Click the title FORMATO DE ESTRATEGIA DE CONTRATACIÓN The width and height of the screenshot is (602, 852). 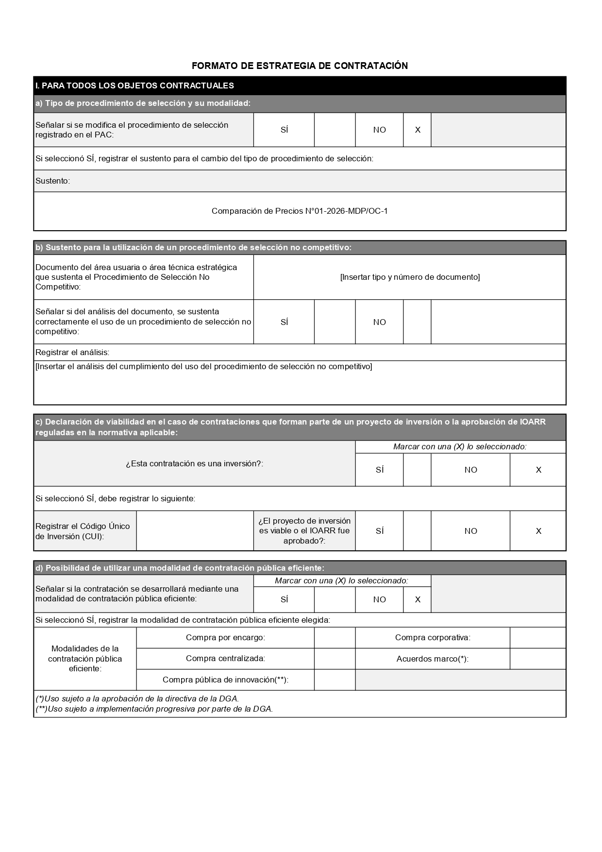(x=300, y=66)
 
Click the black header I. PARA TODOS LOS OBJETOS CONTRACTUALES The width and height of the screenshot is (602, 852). (x=134, y=85)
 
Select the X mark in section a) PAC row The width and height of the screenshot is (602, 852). (x=418, y=130)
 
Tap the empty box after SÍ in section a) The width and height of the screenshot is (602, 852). (x=334, y=130)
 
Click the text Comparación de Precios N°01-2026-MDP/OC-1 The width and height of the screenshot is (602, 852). (x=300, y=211)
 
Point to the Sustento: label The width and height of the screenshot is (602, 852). (x=52, y=181)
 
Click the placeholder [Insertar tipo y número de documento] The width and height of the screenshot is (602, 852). (x=410, y=277)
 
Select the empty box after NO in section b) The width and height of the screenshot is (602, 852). (x=417, y=322)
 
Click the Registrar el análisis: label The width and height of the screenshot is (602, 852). (x=72, y=352)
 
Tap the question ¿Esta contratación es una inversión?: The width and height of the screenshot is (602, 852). (x=194, y=463)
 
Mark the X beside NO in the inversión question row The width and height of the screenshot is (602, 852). (x=538, y=470)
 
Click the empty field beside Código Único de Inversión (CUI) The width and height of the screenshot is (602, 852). (x=195, y=531)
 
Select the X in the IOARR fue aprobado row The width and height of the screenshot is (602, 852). (x=538, y=531)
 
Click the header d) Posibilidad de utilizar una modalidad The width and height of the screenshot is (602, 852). (x=180, y=568)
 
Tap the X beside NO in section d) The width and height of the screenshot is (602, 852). (x=418, y=599)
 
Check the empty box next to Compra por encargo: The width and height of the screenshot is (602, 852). (x=334, y=637)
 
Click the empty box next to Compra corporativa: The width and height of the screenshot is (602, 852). (x=538, y=637)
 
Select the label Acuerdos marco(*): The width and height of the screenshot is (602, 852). (x=432, y=659)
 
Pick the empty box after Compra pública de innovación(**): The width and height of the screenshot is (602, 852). (x=334, y=680)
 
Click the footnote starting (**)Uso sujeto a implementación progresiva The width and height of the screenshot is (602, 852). (x=154, y=709)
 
